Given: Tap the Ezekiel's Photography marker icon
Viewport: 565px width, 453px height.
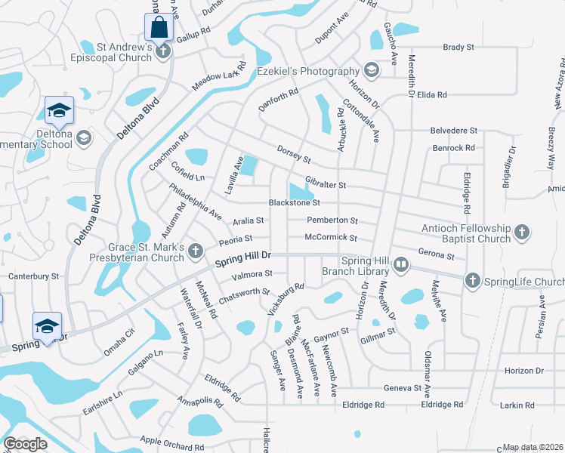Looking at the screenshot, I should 371,71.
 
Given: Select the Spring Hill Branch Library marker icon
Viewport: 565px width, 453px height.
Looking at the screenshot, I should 400,265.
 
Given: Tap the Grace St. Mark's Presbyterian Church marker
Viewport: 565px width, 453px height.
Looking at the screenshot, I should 196,250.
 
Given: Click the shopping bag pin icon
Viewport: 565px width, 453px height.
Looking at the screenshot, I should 159,27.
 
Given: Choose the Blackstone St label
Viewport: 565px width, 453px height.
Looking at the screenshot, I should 295,202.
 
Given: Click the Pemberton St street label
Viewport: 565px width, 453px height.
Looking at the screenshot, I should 332,220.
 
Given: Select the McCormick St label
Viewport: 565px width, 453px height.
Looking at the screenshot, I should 330,238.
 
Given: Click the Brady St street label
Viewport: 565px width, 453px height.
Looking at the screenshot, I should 458,47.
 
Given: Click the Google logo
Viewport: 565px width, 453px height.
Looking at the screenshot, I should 25,444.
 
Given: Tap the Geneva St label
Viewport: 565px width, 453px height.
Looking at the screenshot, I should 401,387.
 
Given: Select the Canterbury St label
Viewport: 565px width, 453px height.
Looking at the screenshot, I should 33,276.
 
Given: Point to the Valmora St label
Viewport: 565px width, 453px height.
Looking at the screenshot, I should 253,274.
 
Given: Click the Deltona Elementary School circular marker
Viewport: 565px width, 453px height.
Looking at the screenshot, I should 83,137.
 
